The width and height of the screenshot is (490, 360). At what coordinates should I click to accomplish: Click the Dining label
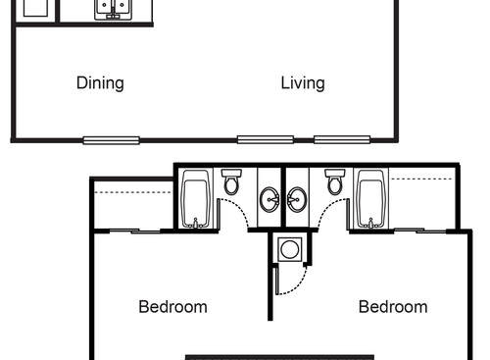click(100, 83)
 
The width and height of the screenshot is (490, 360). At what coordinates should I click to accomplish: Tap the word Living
click(303, 83)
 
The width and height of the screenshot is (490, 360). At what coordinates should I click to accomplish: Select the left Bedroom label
click(172, 307)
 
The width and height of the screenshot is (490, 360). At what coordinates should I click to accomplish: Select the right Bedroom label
click(393, 307)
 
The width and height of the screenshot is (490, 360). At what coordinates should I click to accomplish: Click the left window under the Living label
click(257, 139)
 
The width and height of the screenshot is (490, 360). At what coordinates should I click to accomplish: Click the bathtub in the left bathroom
click(196, 199)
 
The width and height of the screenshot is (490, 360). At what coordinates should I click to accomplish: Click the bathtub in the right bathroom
click(370, 199)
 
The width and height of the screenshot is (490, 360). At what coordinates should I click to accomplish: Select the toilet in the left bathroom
click(231, 182)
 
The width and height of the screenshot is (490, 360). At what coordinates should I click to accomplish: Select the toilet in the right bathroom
click(335, 182)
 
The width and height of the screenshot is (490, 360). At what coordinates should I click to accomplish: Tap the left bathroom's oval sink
click(270, 202)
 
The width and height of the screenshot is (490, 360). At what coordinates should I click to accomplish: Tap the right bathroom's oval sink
click(296, 202)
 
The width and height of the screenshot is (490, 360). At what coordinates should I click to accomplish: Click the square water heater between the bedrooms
click(290, 249)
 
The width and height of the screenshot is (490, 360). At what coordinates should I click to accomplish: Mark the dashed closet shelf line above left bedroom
click(132, 192)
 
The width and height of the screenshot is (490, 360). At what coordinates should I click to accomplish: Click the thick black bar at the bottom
click(280, 357)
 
